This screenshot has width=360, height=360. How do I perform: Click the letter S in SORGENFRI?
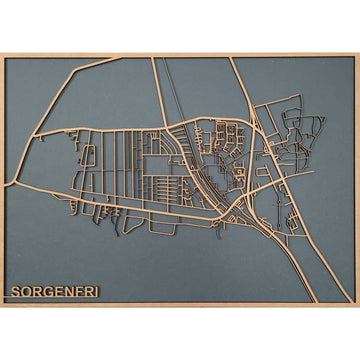pyautogui.click(x=15, y=293)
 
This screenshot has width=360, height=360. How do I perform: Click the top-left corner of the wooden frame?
pyautogui.click(x=2, y=54)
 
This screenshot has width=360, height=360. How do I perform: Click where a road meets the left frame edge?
pyautogui.click(x=3, y=187)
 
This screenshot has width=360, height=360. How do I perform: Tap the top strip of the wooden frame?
pyautogui.click(x=180, y=55)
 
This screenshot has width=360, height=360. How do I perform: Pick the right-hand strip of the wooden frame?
pyautogui.click(x=357, y=180)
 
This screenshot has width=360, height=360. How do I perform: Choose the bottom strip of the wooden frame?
pyautogui.click(x=180, y=304)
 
